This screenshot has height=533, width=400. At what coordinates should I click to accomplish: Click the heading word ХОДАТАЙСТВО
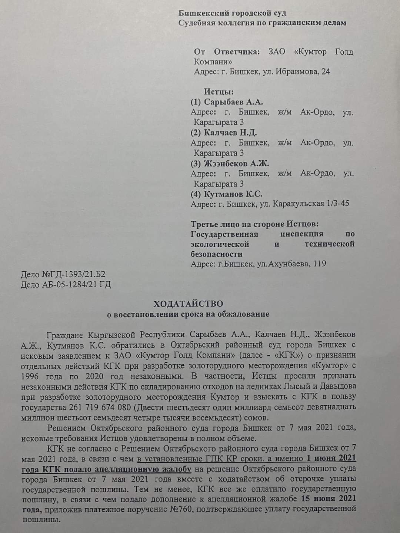coord(189,304)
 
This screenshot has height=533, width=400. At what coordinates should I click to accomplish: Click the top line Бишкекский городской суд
coord(232,13)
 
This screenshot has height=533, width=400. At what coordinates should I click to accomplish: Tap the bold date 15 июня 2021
coord(329,498)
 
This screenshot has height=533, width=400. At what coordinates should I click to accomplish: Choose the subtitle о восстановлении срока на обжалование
coord(188,315)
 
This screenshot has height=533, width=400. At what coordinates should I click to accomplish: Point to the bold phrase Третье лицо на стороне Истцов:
coord(254,224)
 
